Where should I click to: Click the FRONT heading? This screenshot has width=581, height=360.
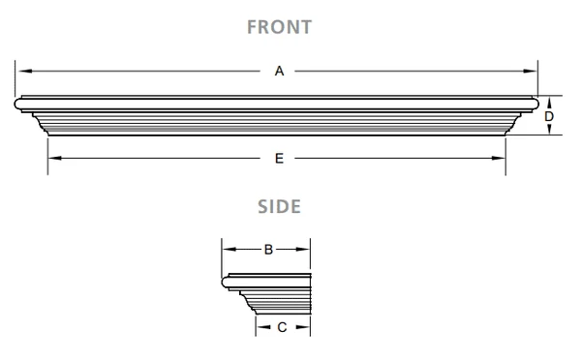coord(279,26)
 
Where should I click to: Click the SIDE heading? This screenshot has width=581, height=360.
coord(279,206)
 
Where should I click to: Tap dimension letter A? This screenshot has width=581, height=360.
coord(279,71)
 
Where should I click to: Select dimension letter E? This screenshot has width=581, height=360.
coord(279,158)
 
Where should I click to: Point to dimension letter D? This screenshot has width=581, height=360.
coord(548,116)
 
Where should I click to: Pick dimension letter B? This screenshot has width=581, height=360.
coord(268,249)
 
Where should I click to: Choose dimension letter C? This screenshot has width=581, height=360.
coord(282,327)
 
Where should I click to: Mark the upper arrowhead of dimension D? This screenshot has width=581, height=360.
coord(548,101)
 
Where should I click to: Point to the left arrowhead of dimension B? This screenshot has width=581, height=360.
coord(228,249)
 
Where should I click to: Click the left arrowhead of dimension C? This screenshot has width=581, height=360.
coord(260,327)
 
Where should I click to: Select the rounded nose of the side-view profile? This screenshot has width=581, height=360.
coord(226,283)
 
